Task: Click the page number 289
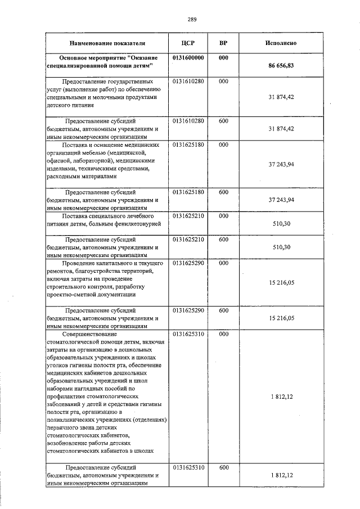(192, 20)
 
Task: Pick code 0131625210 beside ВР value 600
(188, 240)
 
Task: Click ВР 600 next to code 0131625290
(223, 310)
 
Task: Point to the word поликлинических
(74, 420)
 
